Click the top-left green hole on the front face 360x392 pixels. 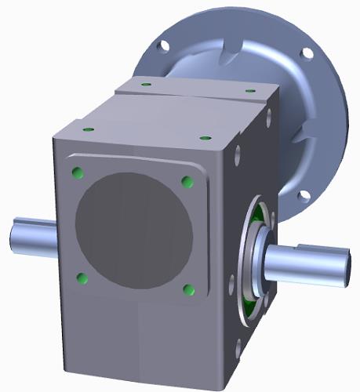click(x=77, y=172)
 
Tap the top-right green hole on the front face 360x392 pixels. click(x=187, y=182)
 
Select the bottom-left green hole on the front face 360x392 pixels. click(x=81, y=278)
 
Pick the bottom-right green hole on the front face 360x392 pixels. click(x=188, y=290)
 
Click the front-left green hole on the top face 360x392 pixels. click(x=89, y=128)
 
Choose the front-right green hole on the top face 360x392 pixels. click(x=205, y=138)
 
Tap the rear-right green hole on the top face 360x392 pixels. click(x=249, y=90)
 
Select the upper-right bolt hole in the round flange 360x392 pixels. click(x=307, y=53)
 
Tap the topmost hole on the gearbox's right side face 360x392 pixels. click(x=270, y=117)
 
